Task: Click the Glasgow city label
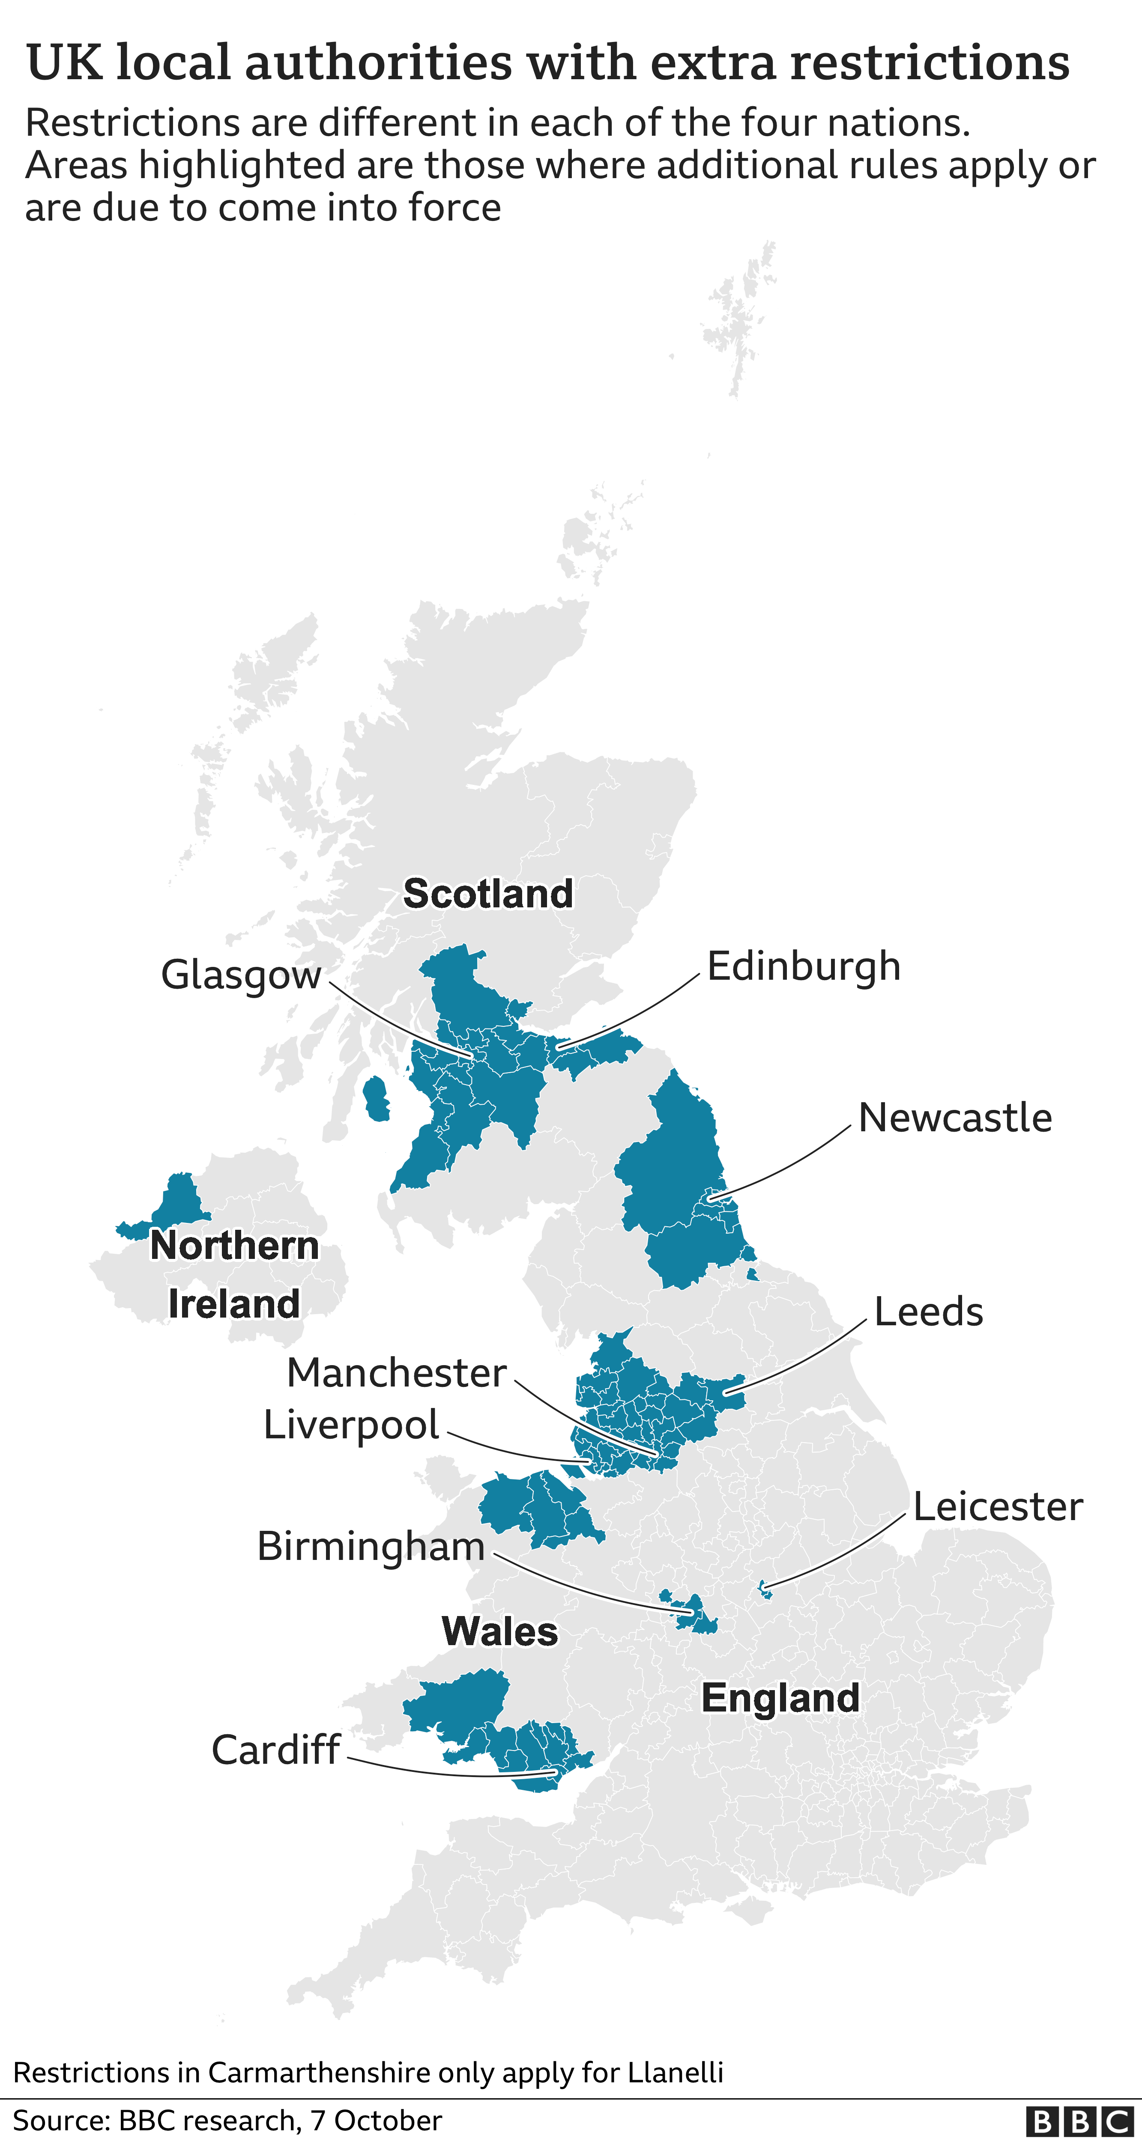240,975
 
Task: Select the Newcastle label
954,1118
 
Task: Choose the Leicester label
997,1507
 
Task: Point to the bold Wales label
499,1631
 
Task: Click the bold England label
780,1698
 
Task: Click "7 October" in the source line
376,2120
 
